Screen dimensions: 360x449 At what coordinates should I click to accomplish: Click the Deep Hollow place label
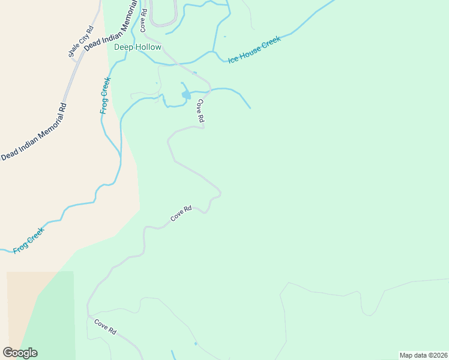pos(138,47)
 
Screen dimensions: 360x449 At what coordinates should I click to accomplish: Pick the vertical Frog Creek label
pos(105,95)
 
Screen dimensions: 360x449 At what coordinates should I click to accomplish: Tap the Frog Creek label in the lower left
pos(29,238)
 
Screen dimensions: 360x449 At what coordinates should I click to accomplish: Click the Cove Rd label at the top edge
pos(143,20)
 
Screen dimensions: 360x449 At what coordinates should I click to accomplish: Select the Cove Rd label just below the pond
pos(199,112)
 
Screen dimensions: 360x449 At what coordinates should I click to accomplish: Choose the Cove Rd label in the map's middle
pos(181,214)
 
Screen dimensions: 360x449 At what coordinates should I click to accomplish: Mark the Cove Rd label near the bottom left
pos(105,327)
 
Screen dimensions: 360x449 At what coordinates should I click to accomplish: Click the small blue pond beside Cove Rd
pos(187,94)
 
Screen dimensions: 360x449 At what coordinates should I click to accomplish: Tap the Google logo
pos(20,353)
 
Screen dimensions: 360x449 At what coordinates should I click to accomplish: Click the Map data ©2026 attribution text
pos(423,355)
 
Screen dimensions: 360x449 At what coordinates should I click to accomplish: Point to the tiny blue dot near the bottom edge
pos(196,343)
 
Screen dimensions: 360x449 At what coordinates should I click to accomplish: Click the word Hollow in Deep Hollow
pos(148,47)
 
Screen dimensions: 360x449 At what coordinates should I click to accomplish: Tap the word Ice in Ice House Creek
pos(233,59)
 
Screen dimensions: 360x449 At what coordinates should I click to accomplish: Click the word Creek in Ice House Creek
pos(270,43)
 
